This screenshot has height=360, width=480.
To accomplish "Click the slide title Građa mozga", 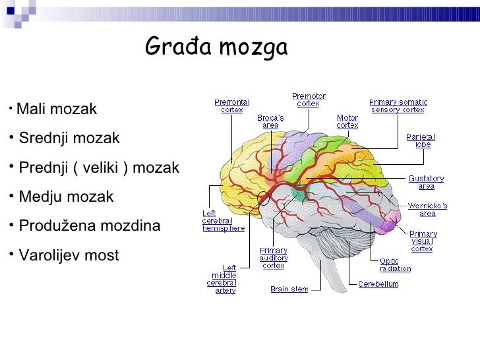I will pyautogui.click(x=216, y=47).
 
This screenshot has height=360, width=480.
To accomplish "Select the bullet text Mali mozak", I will pyautogui.click(x=57, y=109).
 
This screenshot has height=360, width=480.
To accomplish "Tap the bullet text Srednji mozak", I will pyautogui.click(x=69, y=138).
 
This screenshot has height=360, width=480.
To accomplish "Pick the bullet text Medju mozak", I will pyautogui.click(x=66, y=197).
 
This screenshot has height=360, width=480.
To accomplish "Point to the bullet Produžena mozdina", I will pyautogui.click(x=89, y=226).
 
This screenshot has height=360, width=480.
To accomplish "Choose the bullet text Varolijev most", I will pyautogui.click(x=69, y=255).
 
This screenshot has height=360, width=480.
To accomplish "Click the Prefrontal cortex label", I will pyautogui.click(x=231, y=106).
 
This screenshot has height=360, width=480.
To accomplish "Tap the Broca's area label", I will pyautogui.click(x=270, y=122).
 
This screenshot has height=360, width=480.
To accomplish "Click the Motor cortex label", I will pyautogui.click(x=347, y=122).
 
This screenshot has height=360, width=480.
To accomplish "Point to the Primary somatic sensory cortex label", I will pyautogui.click(x=398, y=106).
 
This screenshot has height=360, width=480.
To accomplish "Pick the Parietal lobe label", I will pyautogui.click(x=421, y=140).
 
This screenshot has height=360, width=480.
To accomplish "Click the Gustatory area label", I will pyautogui.click(x=426, y=182).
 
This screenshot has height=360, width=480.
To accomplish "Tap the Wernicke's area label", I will pyautogui.click(x=427, y=210).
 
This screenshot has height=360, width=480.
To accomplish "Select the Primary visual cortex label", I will pyautogui.click(x=423, y=241).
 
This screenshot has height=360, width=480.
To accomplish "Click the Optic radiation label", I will pyautogui.click(x=395, y=265).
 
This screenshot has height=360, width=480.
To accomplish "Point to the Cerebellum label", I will pyautogui.click(x=378, y=284).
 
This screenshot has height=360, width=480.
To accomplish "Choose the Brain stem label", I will pyautogui.click(x=289, y=289).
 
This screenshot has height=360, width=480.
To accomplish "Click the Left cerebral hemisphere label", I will pyautogui.click(x=223, y=221).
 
